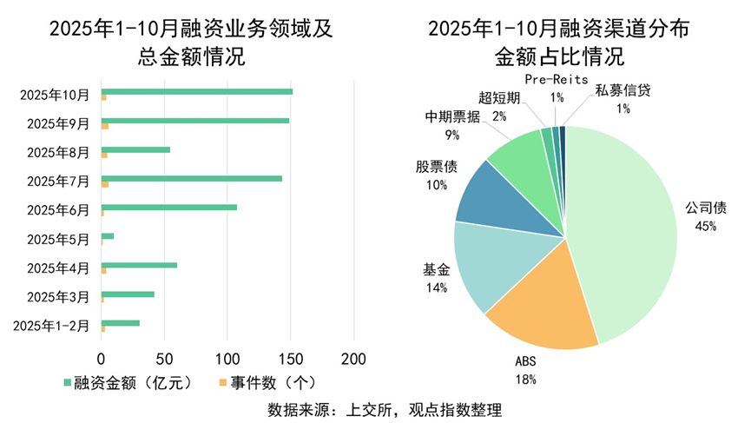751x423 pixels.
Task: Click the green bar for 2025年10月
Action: pos(197,91)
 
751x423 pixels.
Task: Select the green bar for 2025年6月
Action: pos(169,207)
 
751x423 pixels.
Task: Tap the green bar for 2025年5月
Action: pos(108,235)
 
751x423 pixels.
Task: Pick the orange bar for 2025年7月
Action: pos(105,184)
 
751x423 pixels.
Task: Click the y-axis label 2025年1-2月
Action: pos(53,326)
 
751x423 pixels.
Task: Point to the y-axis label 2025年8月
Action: pos(58,153)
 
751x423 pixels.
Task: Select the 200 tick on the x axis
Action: pos(353,358)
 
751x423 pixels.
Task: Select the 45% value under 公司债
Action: pos(705,227)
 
